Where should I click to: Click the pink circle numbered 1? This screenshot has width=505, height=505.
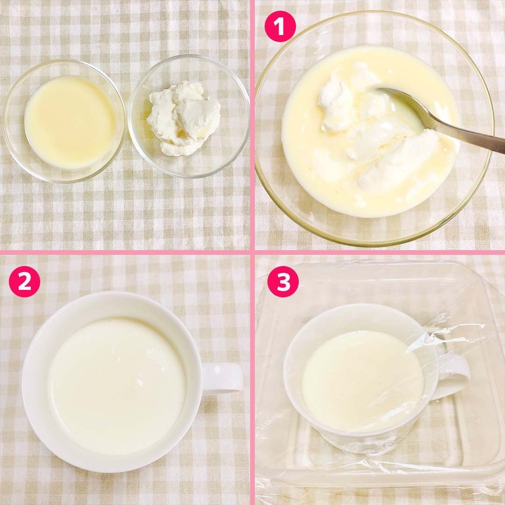tap(280, 26)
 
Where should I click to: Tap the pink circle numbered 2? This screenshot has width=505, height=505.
tap(24, 281)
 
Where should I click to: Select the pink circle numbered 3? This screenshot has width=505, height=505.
tap(283, 281)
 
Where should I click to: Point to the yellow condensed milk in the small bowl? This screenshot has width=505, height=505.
tap(70, 122)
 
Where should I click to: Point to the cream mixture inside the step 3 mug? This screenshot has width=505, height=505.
tap(362, 381)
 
